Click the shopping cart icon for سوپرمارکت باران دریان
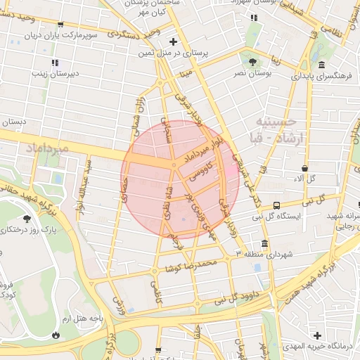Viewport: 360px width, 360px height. [60, 25]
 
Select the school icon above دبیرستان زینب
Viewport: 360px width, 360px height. [56, 62]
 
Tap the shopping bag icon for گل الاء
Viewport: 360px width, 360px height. [304, 169]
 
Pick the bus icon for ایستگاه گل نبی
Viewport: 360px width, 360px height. [277, 206]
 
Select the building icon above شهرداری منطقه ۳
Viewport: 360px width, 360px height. [264, 243]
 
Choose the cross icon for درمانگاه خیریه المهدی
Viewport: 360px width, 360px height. [317, 336]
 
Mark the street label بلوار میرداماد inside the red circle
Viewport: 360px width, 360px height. [205, 150]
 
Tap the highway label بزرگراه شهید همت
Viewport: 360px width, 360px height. [330, 267]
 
